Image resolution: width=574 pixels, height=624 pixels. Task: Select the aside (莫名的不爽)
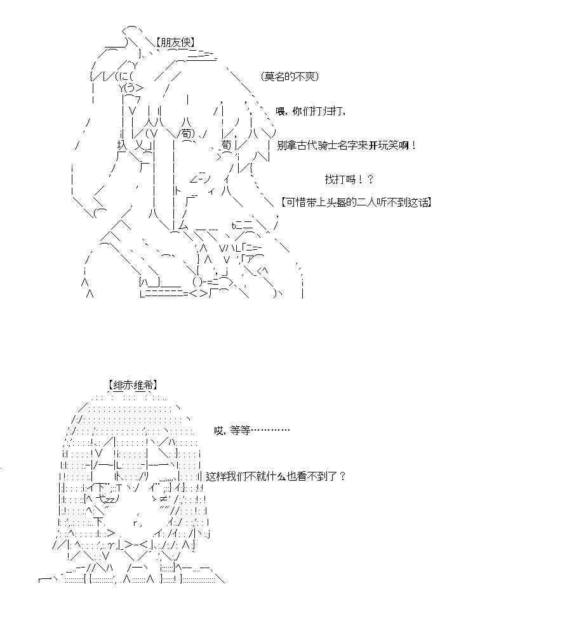pyautogui.click(x=290, y=76)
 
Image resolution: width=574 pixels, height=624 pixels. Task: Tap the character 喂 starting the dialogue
pyautogui.click(x=281, y=111)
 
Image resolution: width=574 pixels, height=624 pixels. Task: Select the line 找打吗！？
pyautogui.click(x=349, y=180)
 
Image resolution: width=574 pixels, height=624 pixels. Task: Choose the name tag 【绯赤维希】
pyautogui.click(x=133, y=385)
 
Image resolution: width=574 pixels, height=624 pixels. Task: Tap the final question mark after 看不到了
pyautogui.click(x=343, y=476)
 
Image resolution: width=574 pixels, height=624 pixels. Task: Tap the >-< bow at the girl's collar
pyautogui.click(x=138, y=545)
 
